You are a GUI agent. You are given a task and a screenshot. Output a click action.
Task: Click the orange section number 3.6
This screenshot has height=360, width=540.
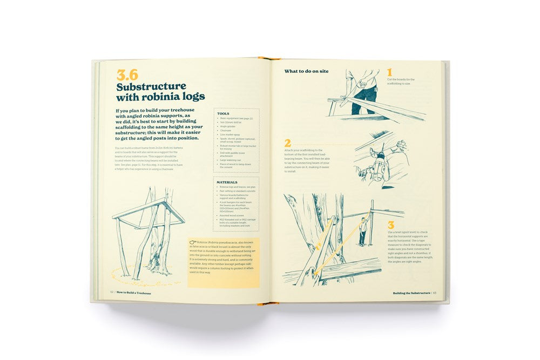click(127, 75)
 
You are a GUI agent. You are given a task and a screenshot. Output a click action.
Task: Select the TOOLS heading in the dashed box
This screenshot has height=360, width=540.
click(223, 114)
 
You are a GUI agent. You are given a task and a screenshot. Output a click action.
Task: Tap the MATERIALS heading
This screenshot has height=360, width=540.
click(227, 182)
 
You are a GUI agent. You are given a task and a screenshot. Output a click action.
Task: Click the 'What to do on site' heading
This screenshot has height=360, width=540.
click(306, 71)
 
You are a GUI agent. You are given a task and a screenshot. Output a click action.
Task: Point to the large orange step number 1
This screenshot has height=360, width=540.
click(389, 72)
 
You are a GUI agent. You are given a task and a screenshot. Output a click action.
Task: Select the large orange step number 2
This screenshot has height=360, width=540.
click(288, 143)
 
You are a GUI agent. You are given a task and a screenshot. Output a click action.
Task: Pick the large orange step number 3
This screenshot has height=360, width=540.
click(391, 225)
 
